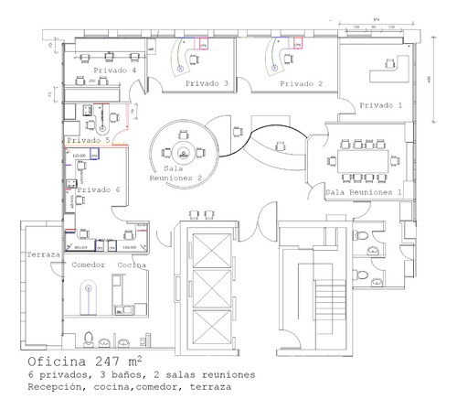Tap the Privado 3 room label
click(x=207, y=83)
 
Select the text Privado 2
click(x=302, y=83)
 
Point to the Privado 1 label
click(x=379, y=105)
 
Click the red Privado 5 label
click(x=88, y=141)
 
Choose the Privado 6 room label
click(x=98, y=189)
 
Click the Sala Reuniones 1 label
click(x=364, y=193)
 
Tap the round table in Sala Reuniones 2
click(x=184, y=151)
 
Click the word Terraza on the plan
click(x=44, y=254)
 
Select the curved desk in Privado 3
click(x=183, y=57)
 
